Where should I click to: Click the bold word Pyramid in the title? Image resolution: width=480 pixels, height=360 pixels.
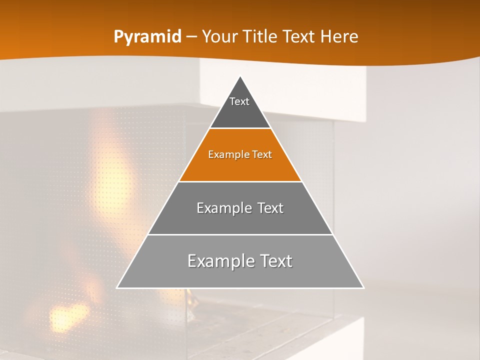pos(147,37)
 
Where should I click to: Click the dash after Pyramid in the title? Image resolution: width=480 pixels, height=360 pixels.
pos(191,37)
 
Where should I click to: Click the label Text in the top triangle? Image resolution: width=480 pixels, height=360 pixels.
pos(239,101)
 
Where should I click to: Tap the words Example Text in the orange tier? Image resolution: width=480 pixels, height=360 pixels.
pos(240,154)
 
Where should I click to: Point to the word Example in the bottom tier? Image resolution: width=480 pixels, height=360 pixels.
pos(219,261)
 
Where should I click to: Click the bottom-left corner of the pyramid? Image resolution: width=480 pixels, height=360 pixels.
pos(117,287)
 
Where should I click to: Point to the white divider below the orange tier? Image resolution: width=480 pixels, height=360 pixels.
pos(240,181)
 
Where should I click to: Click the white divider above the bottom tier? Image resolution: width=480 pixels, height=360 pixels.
pos(240,234)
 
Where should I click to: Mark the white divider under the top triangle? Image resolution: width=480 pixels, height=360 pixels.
pos(240,128)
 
